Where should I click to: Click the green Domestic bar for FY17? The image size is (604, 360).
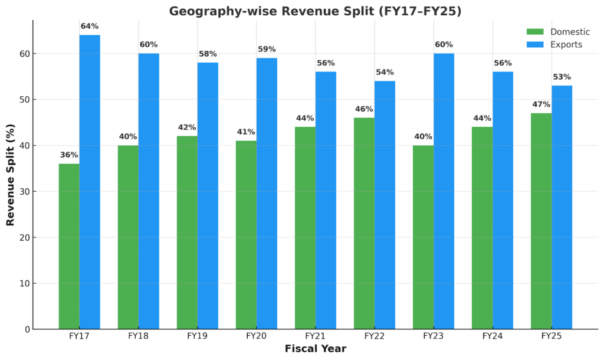[x=69, y=246]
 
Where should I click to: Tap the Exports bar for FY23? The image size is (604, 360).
[x=444, y=191]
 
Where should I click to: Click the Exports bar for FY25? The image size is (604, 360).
[x=562, y=207]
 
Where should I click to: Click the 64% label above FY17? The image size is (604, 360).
[x=90, y=26]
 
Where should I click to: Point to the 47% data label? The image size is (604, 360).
[x=541, y=104]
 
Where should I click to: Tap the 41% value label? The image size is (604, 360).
[x=246, y=132]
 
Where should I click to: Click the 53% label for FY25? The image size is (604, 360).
[x=562, y=77]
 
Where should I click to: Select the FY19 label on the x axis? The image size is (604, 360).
[x=197, y=336]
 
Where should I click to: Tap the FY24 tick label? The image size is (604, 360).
[x=492, y=336]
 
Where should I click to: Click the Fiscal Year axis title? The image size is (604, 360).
[x=315, y=349]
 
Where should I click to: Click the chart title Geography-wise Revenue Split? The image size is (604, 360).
[x=315, y=11]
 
